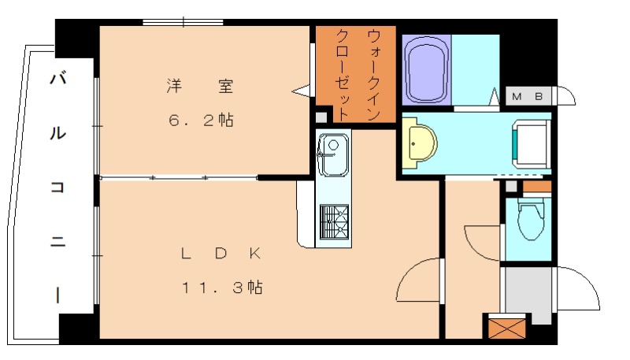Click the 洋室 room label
pos(200,86)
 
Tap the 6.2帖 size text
pos(201,120)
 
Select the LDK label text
pos(221,253)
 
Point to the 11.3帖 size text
pos(222,288)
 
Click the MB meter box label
pos(528,96)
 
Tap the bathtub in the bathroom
pos(426,70)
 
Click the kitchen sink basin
pos(333,155)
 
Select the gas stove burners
pos(334,222)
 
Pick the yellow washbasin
pos(419,143)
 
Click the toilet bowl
pos(530,220)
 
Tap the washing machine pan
pos(531,143)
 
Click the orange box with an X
pos(507,328)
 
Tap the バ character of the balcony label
pos(57,78)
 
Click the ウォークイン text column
pos(373,75)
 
